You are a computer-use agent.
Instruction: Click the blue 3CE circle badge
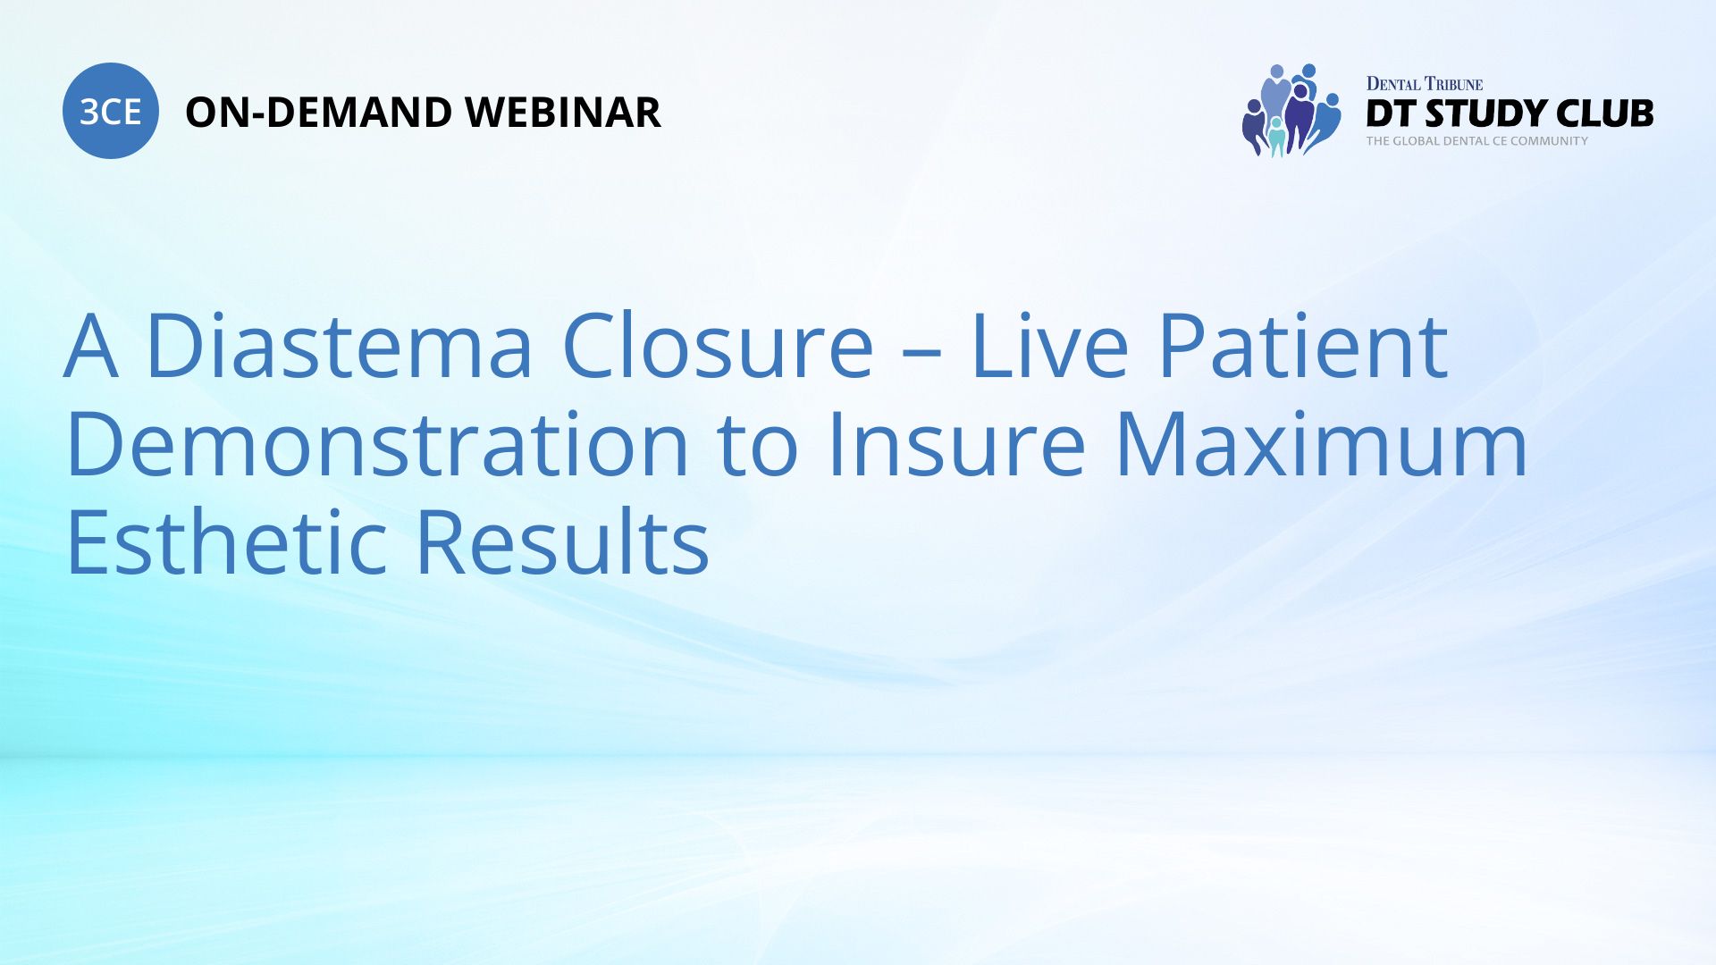click(x=111, y=111)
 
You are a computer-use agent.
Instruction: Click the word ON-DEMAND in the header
click(x=318, y=113)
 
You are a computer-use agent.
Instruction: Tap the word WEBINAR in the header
click(x=563, y=113)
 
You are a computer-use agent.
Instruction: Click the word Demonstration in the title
click(x=377, y=443)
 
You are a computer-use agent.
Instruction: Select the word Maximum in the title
click(x=1322, y=443)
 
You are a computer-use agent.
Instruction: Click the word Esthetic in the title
click(x=226, y=541)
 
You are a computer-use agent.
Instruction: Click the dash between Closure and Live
click(x=923, y=352)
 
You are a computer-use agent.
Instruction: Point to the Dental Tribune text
click(x=1425, y=84)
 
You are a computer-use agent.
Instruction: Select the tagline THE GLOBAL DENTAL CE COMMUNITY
click(x=1477, y=140)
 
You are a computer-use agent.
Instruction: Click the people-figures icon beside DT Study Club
click(x=1291, y=111)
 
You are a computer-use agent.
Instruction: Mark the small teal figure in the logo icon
click(x=1276, y=136)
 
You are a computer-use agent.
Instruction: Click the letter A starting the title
click(x=91, y=347)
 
